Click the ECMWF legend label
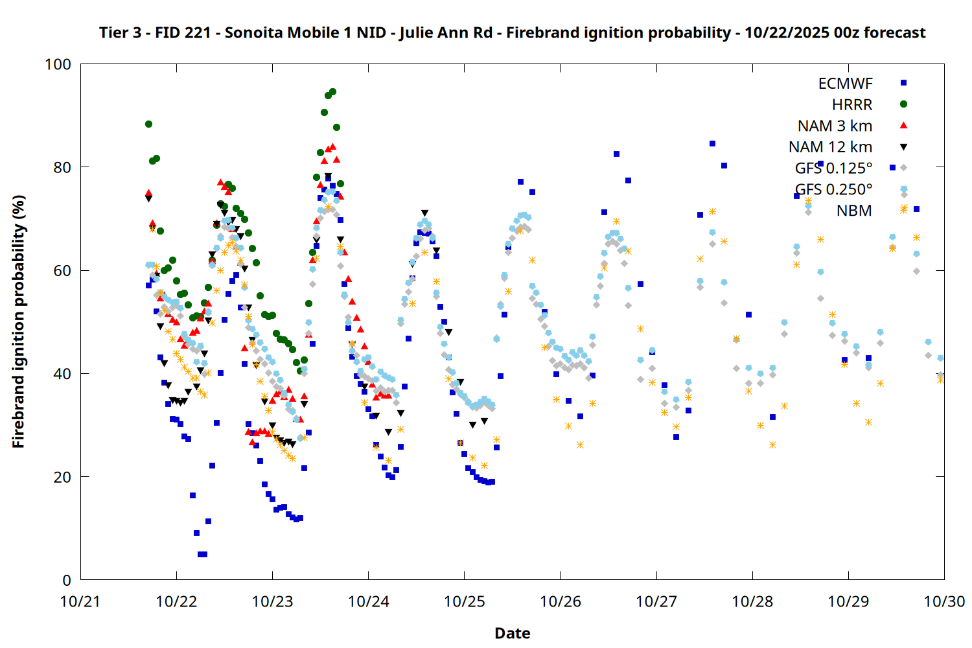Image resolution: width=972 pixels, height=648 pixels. click(845, 84)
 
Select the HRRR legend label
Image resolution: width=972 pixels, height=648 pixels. click(852, 105)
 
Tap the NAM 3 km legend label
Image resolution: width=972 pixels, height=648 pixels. click(835, 126)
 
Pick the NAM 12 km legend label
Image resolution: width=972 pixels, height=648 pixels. click(830, 147)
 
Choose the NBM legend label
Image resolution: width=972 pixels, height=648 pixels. click(854, 211)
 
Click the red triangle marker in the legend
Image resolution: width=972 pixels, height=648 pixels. click(903, 125)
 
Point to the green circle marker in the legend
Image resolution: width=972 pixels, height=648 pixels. click(903, 104)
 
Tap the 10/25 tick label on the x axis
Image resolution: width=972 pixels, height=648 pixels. click(465, 601)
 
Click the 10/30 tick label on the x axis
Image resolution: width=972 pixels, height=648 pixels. click(944, 601)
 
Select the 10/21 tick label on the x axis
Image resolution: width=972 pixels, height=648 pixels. click(80, 601)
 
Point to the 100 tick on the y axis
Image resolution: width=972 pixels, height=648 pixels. click(58, 64)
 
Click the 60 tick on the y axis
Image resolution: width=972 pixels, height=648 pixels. click(62, 270)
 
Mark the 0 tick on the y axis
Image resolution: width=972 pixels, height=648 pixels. click(67, 580)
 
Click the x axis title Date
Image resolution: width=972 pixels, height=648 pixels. click(512, 633)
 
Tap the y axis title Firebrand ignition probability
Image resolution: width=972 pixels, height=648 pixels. click(18, 321)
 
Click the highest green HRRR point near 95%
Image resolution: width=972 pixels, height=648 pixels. click(332, 92)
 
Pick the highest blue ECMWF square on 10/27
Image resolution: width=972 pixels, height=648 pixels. click(712, 143)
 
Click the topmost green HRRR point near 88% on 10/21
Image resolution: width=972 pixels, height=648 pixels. click(148, 124)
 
